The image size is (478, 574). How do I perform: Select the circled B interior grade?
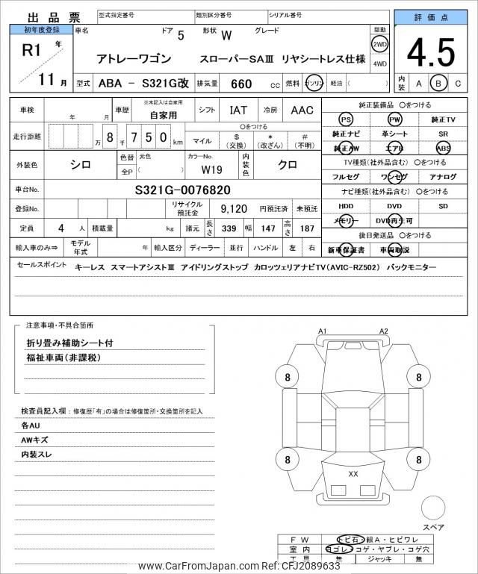[x=439, y=83]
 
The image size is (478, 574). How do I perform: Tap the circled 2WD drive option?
[x=380, y=43]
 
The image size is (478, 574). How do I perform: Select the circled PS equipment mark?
[x=345, y=119]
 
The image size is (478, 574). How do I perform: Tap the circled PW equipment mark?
[x=394, y=119]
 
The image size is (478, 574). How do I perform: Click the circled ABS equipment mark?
[x=443, y=148]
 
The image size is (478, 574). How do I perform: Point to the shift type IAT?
[x=238, y=110]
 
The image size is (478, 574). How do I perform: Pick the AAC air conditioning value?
[x=302, y=110]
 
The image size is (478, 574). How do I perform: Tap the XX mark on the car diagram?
[x=353, y=473]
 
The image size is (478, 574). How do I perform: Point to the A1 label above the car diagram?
[x=323, y=331]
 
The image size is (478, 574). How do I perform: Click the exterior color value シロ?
[x=80, y=165]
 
